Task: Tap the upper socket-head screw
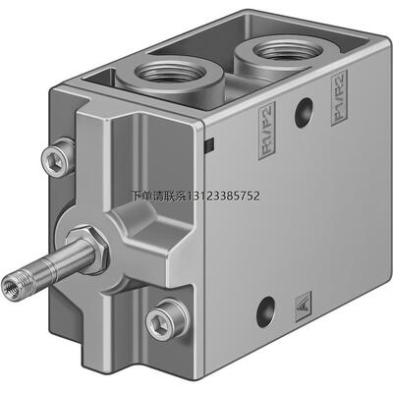[58, 157]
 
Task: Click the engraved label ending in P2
[267, 131]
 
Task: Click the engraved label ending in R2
[339, 97]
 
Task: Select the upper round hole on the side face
[304, 113]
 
